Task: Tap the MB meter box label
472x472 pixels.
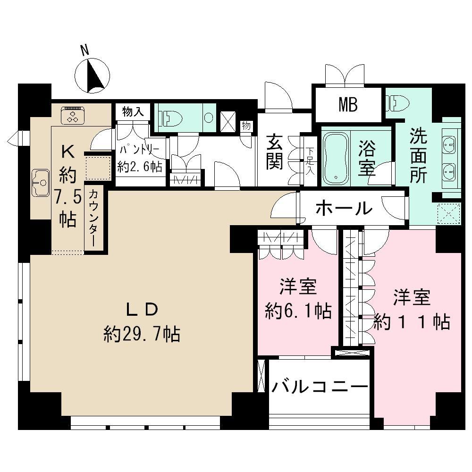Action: pos(348,105)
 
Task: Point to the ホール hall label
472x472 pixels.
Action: pos(344,208)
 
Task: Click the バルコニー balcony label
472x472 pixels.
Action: pos(319,388)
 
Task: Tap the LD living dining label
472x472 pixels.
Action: pos(141,310)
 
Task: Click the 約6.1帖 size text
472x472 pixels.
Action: pos(298,311)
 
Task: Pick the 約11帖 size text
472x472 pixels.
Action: pos(412,322)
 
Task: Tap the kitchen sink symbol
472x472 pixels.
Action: pos(41,182)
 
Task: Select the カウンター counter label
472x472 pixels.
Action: pos(93,218)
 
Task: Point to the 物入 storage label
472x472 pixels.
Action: pos(133,112)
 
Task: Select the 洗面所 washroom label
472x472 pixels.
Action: pos(418,156)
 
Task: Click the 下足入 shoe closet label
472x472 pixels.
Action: pos(310,160)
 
